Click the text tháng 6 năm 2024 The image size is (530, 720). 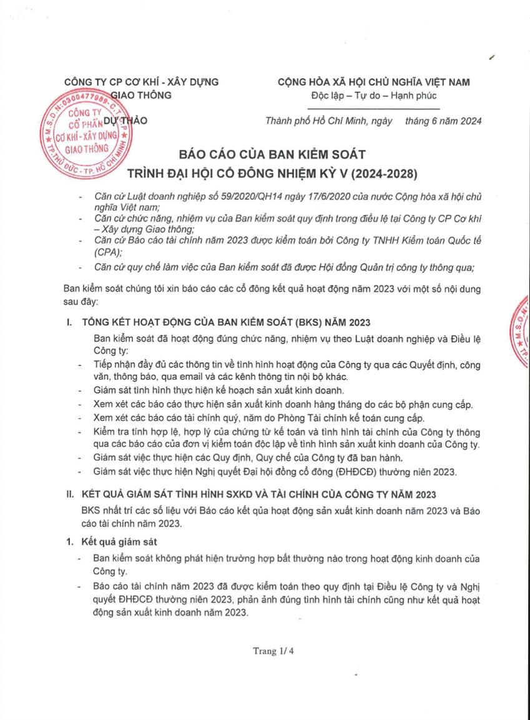[443, 121]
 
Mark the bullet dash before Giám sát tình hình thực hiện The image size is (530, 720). [79, 391]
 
